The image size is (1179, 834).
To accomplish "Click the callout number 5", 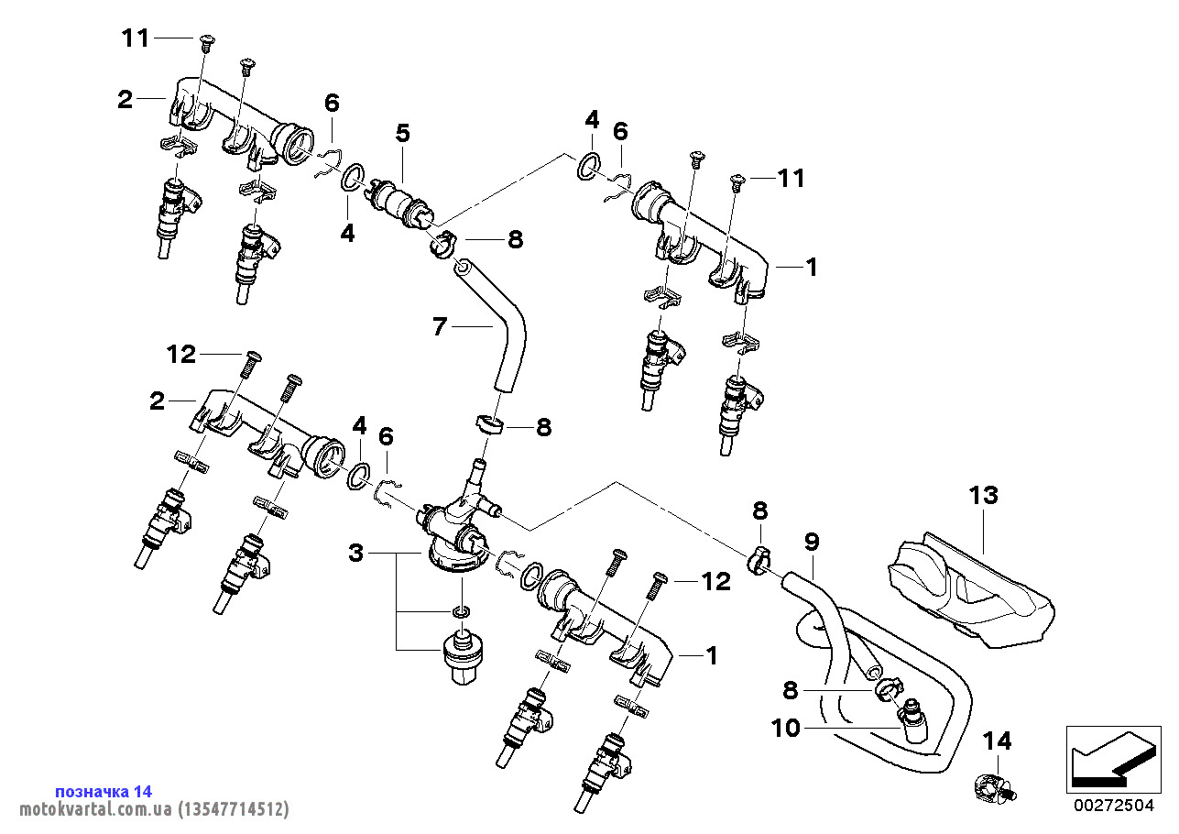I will tap(402, 133).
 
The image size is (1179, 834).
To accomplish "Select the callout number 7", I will tap(440, 325).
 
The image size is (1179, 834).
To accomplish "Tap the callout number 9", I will tap(812, 541).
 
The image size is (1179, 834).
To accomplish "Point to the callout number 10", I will tap(785, 729).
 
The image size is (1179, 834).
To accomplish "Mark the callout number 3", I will tap(356, 553).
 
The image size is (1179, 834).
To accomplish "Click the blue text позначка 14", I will tap(104, 791).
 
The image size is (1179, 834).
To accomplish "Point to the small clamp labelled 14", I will tap(991, 786).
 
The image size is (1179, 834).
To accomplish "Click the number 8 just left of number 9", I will tap(760, 510).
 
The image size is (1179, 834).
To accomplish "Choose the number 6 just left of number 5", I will tap(332, 103).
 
